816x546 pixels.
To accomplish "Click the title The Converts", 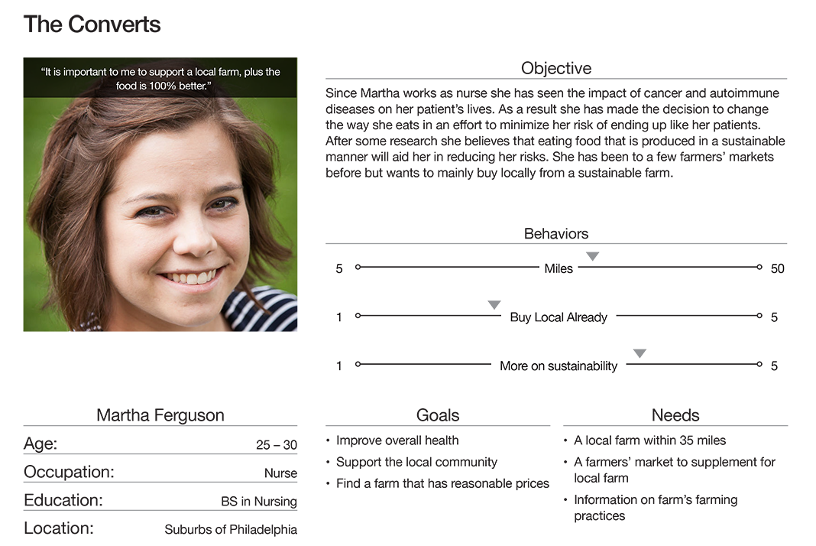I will (x=92, y=24).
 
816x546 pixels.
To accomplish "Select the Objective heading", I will (x=555, y=68).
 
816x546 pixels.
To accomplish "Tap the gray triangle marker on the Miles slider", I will (x=592, y=256).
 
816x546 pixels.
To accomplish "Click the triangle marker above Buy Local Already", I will (x=494, y=305).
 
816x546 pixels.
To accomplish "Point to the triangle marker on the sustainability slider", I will (x=640, y=353).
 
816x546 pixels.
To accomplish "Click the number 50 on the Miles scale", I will (x=777, y=268).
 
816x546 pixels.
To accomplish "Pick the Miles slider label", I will (x=559, y=268).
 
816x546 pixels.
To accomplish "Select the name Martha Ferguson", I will (x=160, y=415).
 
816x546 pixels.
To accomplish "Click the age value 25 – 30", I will (x=277, y=445).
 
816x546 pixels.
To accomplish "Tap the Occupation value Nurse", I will (x=280, y=473).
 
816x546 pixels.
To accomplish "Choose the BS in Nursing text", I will (x=259, y=502).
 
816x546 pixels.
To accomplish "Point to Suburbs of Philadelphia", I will (x=231, y=529).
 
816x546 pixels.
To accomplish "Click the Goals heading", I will (x=438, y=415).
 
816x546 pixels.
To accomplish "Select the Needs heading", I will (x=675, y=415).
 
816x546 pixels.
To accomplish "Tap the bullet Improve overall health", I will (x=397, y=440).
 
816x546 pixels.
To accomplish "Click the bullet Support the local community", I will (x=416, y=462).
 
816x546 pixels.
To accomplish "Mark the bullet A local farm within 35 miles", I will (x=649, y=440).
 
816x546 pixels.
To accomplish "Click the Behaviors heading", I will (x=556, y=233).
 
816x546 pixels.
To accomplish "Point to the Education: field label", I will (x=63, y=500).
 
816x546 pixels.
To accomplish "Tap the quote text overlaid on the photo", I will (x=160, y=78).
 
